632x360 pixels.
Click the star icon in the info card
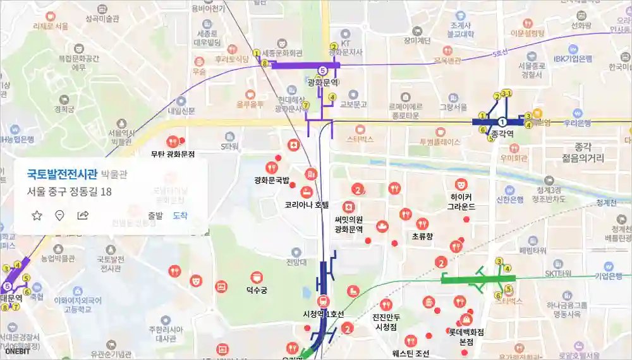(37, 215)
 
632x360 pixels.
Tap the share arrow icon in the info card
(83, 215)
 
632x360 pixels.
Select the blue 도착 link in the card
(180, 215)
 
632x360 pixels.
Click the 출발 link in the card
(155, 215)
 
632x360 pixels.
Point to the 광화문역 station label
(322, 83)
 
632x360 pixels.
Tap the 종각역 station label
(502, 134)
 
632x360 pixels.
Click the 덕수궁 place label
(257, 291)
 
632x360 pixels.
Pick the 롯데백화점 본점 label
(466, 336)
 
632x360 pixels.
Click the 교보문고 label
(354, 104)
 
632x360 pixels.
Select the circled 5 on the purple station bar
(322, 70)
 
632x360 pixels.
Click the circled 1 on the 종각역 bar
(502, 121)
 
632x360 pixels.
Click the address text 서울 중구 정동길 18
(70, 191)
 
